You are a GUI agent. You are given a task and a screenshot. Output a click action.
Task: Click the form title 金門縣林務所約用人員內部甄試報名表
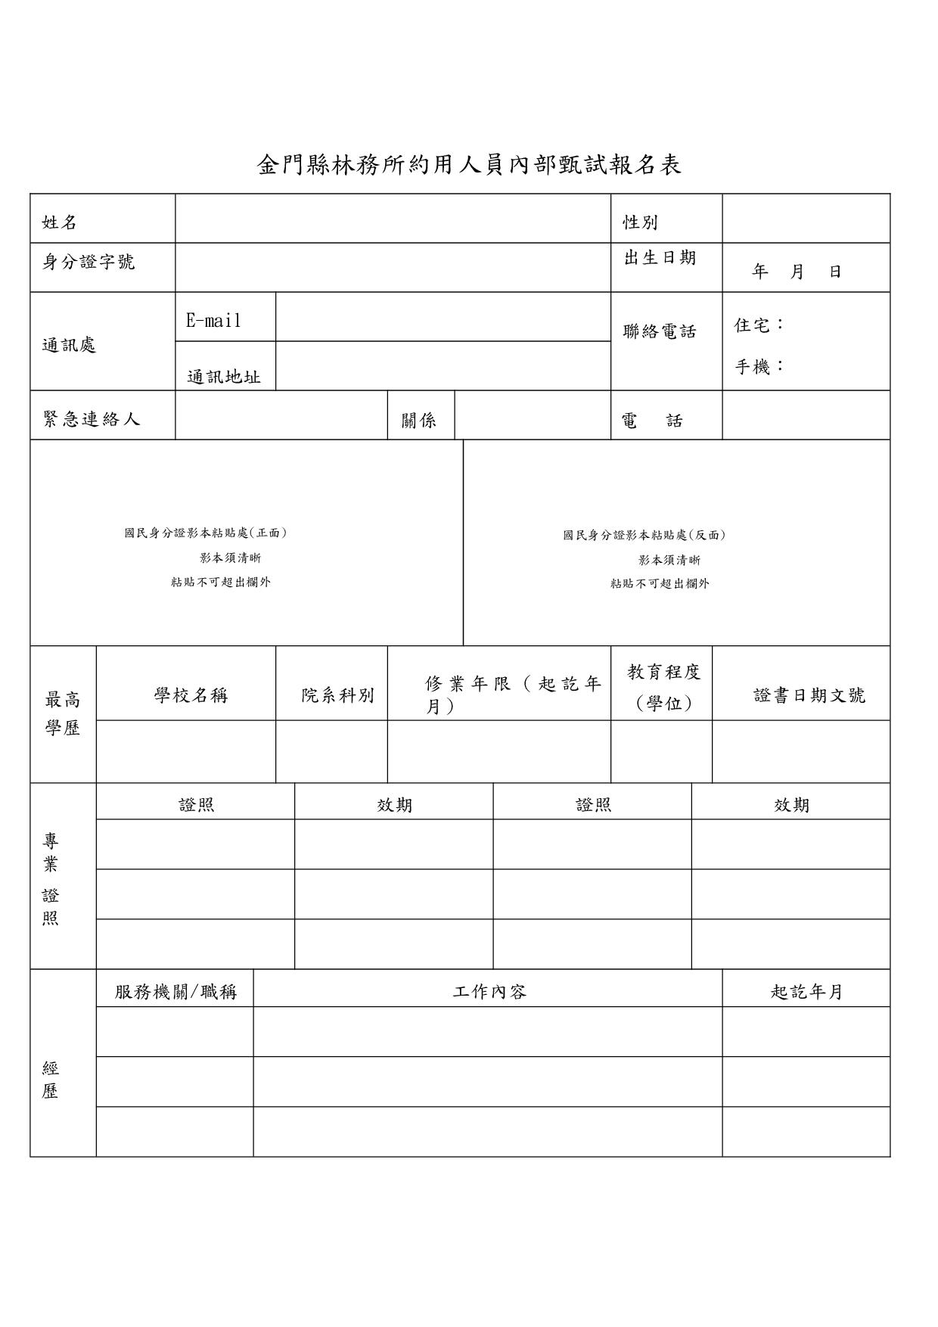tap(469, 165)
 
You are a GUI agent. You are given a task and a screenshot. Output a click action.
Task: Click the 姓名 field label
tap(60, 222)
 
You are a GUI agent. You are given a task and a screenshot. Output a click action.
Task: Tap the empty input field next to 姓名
tap(393, 219)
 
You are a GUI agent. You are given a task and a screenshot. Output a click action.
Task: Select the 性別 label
tap(640, 222)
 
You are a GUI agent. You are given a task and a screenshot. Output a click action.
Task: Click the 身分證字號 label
tap(89, 262)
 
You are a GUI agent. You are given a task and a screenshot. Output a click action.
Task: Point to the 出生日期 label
tap(660, 258)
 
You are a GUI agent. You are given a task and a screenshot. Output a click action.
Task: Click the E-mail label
tap(214, 321)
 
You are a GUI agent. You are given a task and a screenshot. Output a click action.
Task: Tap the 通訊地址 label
tap(224, 377)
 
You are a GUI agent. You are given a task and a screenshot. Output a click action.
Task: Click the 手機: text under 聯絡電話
tap(759, 367)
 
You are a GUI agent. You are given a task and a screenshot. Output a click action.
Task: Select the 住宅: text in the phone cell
tap(759, 325)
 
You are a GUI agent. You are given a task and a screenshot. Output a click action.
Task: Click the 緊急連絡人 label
tap(92, 419)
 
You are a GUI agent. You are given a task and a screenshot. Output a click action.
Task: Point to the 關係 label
tap(419, 421)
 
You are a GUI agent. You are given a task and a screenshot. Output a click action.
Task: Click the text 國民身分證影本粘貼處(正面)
tap(206, 533)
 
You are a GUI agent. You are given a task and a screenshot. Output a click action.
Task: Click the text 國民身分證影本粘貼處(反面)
tap(644, 536)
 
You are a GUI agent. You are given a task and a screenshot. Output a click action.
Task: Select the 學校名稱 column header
tap(191, 695)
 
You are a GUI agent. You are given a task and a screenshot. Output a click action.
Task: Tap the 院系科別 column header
tap(337, 695)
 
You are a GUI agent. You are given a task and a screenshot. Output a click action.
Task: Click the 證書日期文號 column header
tap(809, 695)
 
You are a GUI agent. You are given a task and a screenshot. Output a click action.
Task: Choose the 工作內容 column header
tap(489, 992)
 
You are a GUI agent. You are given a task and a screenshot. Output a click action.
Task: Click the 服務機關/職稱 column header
tap(175, 992)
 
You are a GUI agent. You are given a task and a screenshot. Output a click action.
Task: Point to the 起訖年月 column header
tap(806, 992)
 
